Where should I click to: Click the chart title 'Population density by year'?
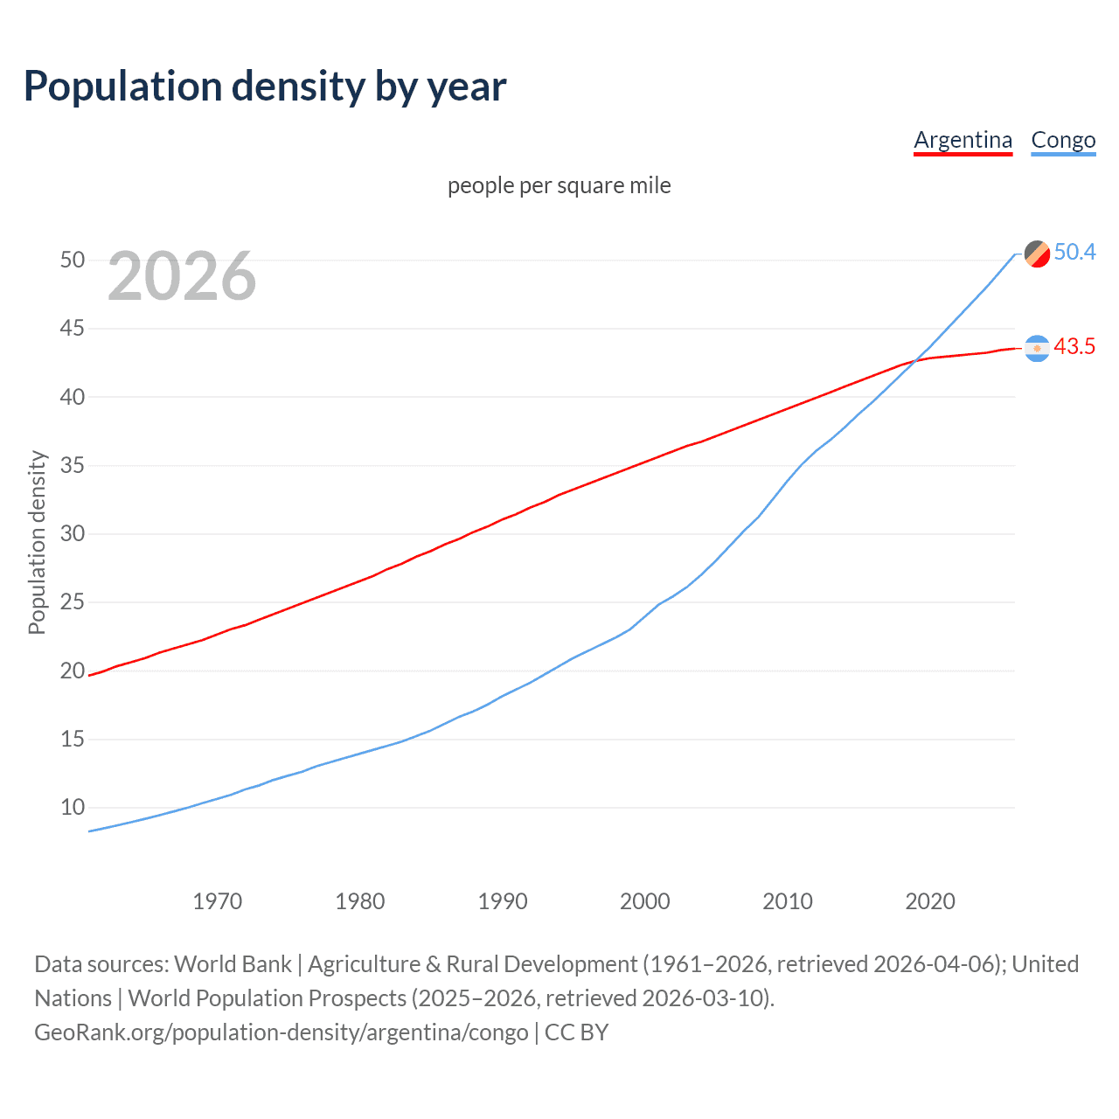click(265, 87)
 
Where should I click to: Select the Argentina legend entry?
click(963, 140)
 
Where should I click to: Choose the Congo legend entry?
click(1063, 140)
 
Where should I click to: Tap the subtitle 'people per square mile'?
click(559, 185)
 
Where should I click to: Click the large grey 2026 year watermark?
click(182, 276)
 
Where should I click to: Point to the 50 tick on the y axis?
click(73, 260)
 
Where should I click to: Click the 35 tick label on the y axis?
click(73, 465)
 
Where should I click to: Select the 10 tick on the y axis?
click(73, 807)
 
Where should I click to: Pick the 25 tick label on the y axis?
click(73, 601)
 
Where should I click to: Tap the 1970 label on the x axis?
click(217, 901)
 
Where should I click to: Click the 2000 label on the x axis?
click(644, 901)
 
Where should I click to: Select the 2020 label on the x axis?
click(929, 901)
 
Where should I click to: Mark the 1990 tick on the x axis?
click(502, 901)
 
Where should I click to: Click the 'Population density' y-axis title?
click(37, 542)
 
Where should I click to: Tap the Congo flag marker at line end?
click(1037, 254)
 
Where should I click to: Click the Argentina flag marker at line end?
click(1037, 348)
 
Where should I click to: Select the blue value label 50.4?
click(1074, 253)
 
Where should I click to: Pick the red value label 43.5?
click(1074, 347)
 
